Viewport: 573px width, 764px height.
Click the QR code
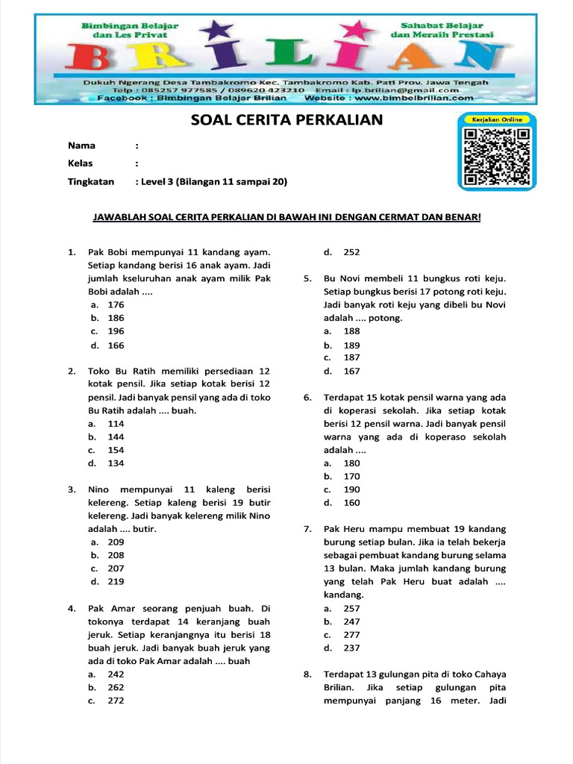point(497,157)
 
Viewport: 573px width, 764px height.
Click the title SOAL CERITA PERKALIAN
point(287,120)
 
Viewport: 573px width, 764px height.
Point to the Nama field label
point(82,145)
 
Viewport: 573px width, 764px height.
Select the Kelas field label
point(81,163)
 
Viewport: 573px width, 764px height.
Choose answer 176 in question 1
point(116,304)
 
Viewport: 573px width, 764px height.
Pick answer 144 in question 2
point(116,437)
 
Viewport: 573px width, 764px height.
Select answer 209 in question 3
point(116,542)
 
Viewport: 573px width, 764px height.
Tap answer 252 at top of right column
point(351,252)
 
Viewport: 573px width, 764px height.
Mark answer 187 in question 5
point(351,358)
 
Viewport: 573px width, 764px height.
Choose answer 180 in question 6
point(351,463)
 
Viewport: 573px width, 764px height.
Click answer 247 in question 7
point(351,621)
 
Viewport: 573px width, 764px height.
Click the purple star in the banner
point(219,32)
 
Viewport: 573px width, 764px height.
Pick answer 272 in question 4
point(116,701)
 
